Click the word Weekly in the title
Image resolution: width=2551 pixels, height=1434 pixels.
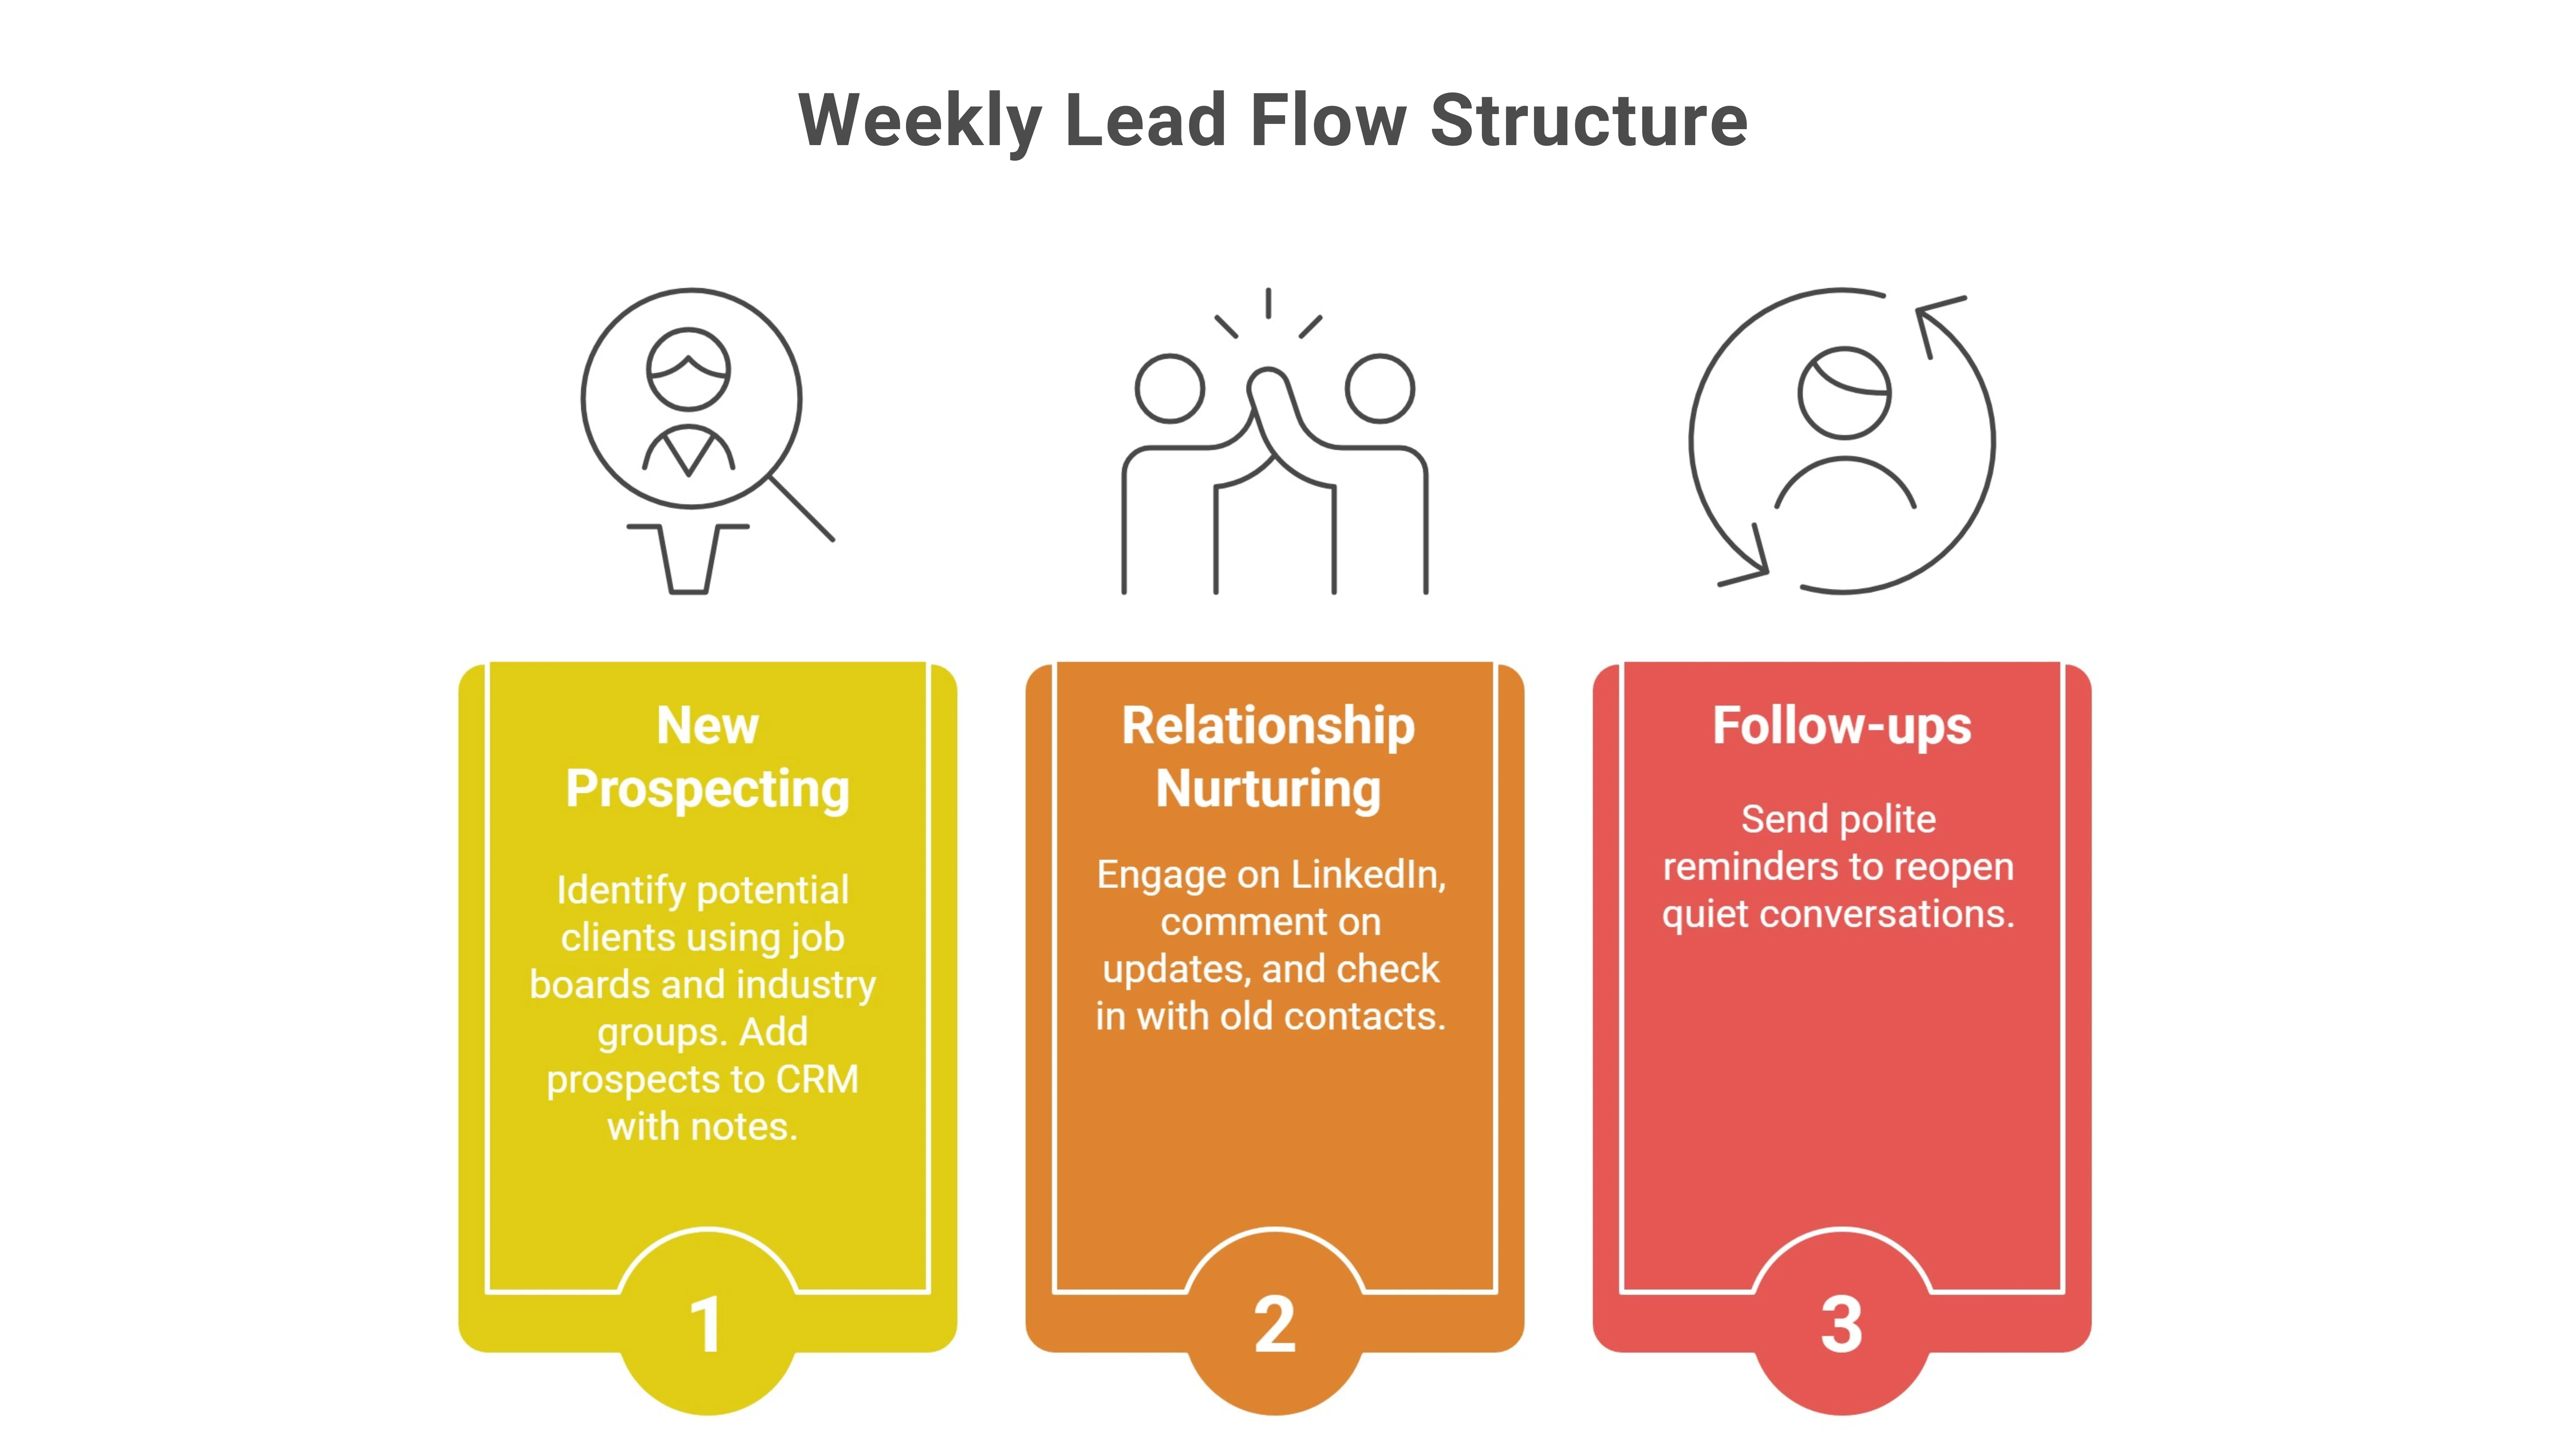(x=919, y=121)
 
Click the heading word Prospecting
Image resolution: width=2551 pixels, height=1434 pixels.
(x=707, y=789)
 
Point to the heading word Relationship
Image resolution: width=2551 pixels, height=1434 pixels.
(x=1269, y=726)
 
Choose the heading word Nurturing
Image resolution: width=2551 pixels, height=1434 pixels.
(x=1269, y=789)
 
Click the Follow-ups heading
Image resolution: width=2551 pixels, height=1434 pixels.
(x=1842, y=726)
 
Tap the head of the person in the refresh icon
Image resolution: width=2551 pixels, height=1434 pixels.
(x=1844, y=393)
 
